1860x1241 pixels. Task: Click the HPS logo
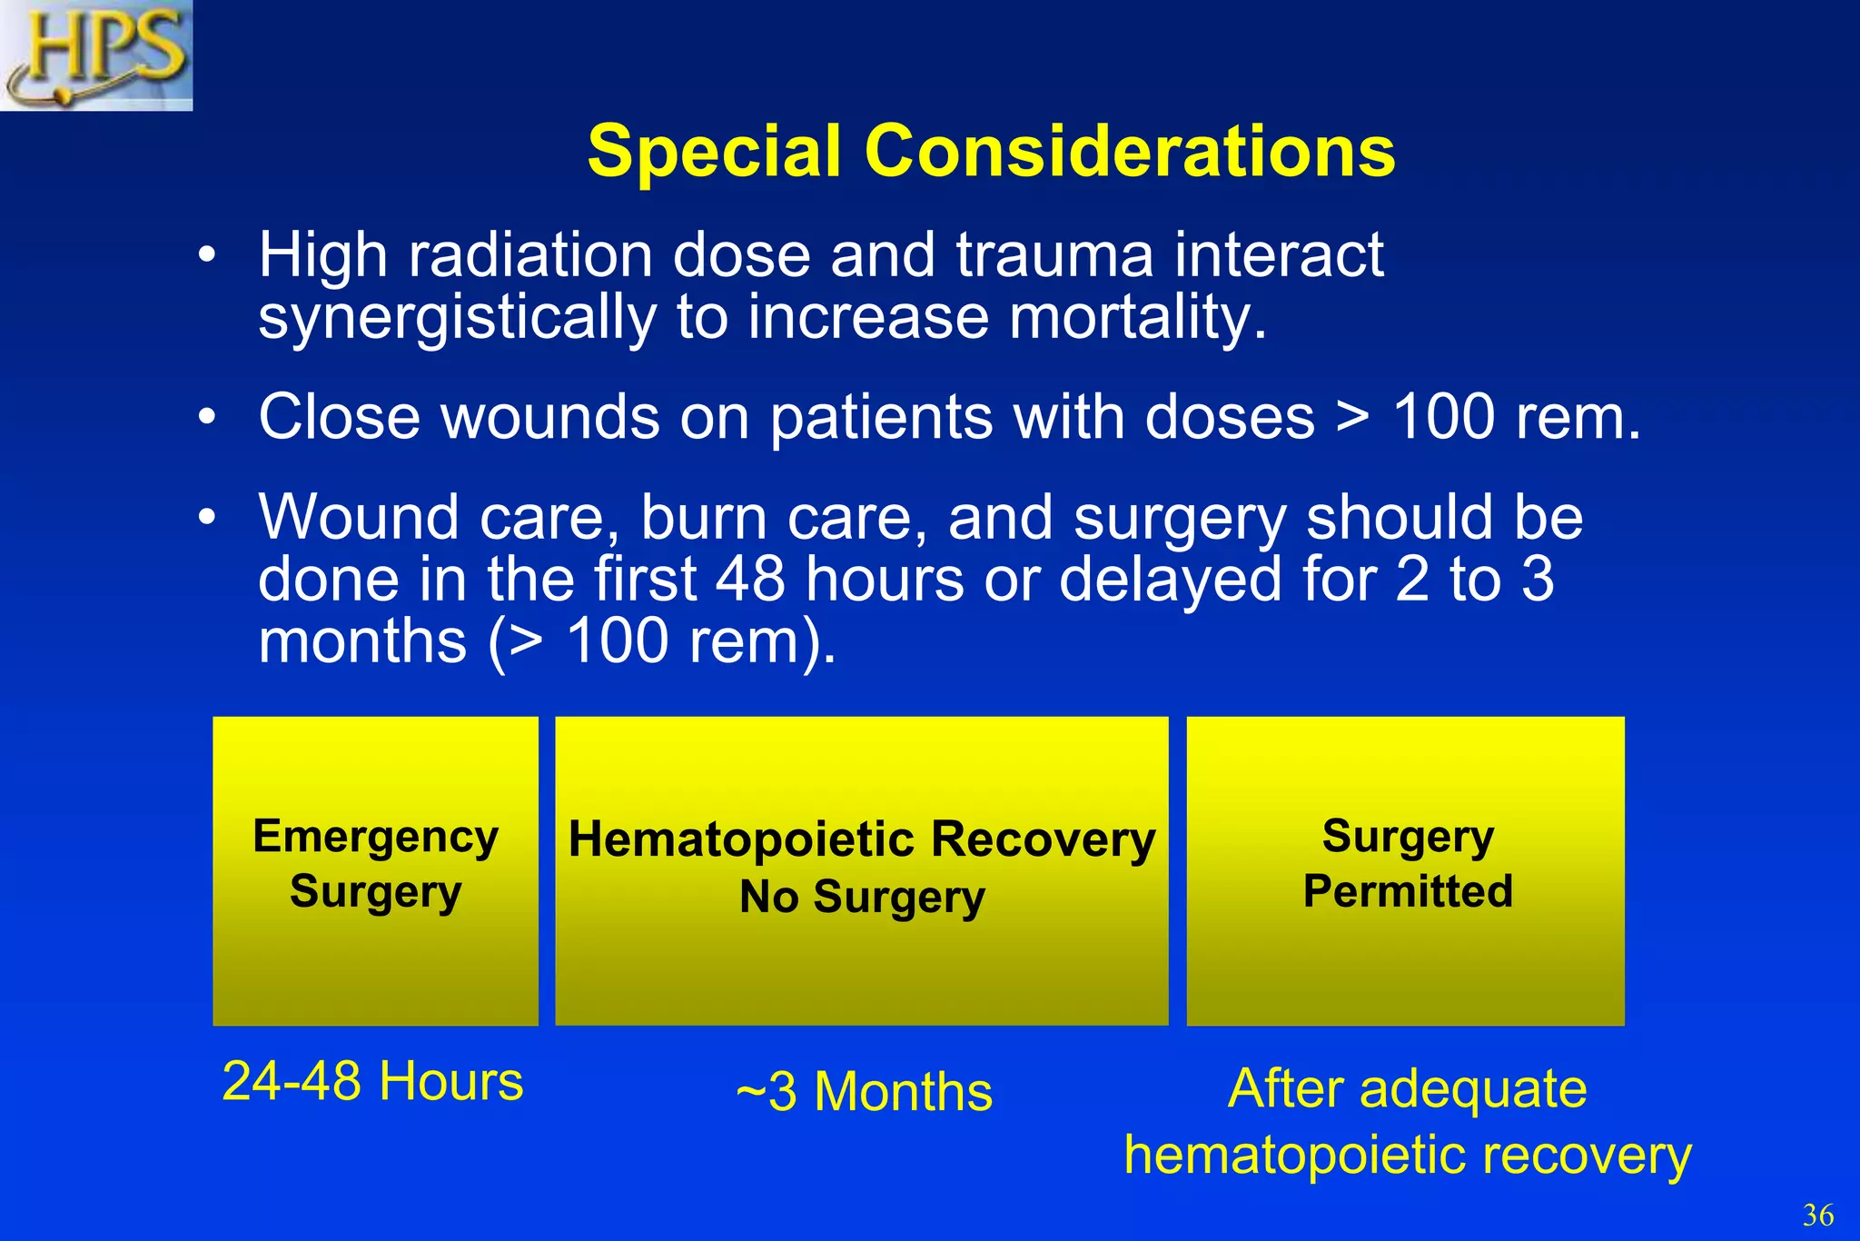pyautogui.click(x=96, y=55)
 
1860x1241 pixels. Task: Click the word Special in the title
pyautogui.click(x=714, y=151)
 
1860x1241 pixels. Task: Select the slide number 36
pyautogui.click(x=1817, y=1214)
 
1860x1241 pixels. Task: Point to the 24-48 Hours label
pyautogui.click(x=372, y=1081)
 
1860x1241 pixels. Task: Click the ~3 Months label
pyautogui.click(x=864, y=1091)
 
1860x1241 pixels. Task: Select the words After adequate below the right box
pyautogui.click(x=1407, y=1088)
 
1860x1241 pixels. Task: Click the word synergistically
pyautogui.click(x=457, y=320)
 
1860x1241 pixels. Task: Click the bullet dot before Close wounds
pyautogui.click(x=207, y=418)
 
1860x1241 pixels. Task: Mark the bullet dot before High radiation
pyautogui.click(x=207, y=255)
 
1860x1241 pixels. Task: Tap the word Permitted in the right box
pyautogui.click(x=1408, y=891)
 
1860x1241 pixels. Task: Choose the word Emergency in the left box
pyautogui.click(x=375, y=837)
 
